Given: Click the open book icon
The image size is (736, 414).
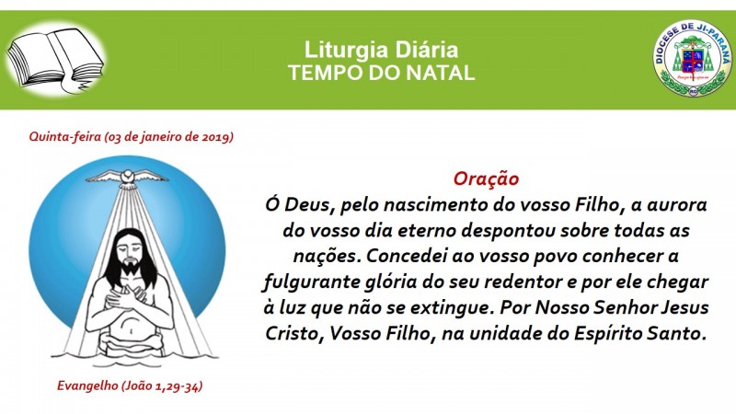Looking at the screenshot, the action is tap(55, 60).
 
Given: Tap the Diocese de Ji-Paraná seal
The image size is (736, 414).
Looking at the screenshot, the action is tap(693, 58).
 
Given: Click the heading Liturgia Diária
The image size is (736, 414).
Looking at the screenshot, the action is tap(381, 50).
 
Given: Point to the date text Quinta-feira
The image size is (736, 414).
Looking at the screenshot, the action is tap(64, 136).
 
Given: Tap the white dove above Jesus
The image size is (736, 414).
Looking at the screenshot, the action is tap(127, 178).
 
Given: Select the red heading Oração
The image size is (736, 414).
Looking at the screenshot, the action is tap(486, 178).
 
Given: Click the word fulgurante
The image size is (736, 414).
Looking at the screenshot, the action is tap(311, 282).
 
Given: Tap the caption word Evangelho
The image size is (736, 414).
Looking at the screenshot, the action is tap(87, 385).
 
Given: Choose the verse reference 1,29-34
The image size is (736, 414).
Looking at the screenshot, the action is tap(178, 386).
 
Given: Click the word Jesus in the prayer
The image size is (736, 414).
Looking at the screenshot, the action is tap(685, 308).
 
